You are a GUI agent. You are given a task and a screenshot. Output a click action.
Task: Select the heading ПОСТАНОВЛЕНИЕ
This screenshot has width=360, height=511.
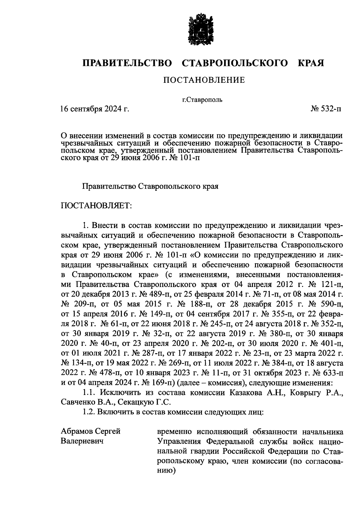click(204, 80)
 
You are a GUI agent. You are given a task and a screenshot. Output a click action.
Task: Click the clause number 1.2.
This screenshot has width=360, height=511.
click(88, 412)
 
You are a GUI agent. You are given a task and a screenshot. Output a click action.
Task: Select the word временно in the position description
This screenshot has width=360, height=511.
click(175, 432)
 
